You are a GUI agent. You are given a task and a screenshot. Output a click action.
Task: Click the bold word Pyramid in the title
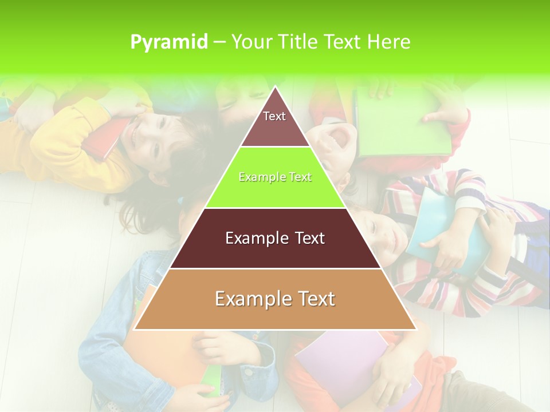tap(169, 42)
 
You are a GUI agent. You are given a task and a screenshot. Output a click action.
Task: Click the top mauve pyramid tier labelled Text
tap(274, 122)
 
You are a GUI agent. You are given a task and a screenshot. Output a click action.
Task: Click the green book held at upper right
tap(401, 123)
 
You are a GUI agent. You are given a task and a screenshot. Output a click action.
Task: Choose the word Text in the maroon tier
tap(304, 238)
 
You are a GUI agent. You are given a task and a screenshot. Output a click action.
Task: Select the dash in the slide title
tap(219, 42)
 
